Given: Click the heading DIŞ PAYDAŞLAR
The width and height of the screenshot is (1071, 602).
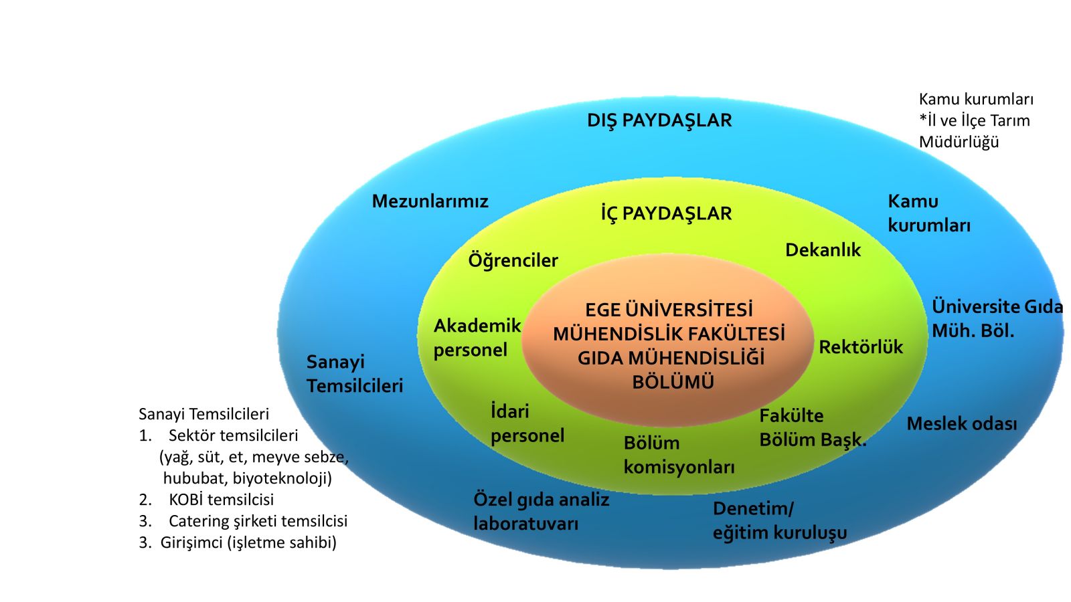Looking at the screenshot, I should (659, 120).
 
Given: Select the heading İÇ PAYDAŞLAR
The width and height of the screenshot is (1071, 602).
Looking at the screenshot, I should (666, 213).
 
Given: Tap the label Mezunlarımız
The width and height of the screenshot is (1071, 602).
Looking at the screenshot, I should (430, 201).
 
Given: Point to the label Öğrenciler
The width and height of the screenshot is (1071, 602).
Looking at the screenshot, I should (513, 260).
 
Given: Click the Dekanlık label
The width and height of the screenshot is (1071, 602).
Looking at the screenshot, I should (823, 250).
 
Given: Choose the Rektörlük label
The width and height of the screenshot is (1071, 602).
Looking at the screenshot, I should (861, 347).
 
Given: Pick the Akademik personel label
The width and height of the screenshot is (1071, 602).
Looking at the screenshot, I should (477, 338).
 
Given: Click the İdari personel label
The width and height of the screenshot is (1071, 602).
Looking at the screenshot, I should (527, 423).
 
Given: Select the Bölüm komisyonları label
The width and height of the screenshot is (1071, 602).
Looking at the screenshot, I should (679, 455).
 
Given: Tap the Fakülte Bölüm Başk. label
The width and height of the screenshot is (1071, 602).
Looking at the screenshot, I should (813, 428).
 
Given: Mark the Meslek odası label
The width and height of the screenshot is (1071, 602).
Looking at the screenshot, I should (961, 423).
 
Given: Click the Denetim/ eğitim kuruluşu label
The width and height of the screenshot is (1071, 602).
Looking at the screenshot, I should (779, 520).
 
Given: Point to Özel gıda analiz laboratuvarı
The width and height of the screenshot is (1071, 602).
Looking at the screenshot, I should (541, 512).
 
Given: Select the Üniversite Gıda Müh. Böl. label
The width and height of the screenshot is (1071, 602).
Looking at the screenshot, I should (997, 318).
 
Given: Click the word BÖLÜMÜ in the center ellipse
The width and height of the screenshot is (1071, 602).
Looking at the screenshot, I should (673, 382).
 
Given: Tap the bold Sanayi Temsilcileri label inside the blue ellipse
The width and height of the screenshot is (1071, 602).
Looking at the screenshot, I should (355, 374).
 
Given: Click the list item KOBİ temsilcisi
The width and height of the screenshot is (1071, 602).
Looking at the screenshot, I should (221, 500).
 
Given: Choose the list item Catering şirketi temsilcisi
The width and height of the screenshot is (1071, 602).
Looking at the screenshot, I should (258, 521).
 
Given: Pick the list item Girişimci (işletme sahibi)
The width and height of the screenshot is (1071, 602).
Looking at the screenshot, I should (248, 542).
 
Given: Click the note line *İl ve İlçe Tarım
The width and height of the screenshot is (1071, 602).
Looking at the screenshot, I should (974, 120).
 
